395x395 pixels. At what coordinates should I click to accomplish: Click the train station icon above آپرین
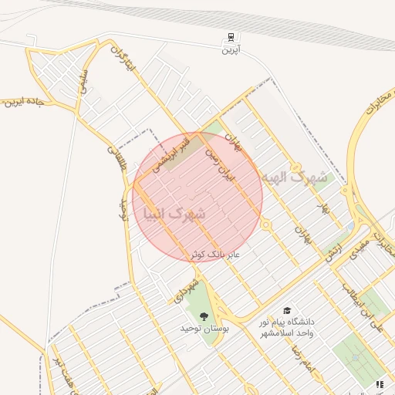pyautogui.click(x=231, y=38)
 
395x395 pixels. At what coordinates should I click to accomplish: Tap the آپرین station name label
pyautogui.click(x=231, y=50)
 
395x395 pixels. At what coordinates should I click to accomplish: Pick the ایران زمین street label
pyautogui.click(x=218, y=165)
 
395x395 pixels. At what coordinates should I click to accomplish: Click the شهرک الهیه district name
pyautogui.click(x=294, y=177)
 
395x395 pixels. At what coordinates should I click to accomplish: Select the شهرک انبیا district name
pyautogui.click(x=174, y=213)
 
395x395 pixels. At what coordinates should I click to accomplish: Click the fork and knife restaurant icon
pyautogui.click(x=379, y=383)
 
